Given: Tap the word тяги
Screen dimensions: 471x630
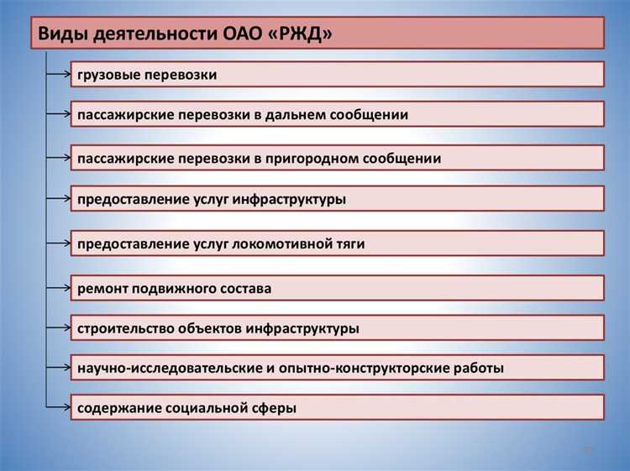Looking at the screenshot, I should (349, 243).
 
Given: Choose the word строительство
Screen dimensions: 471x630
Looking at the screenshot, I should (124, 328).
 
